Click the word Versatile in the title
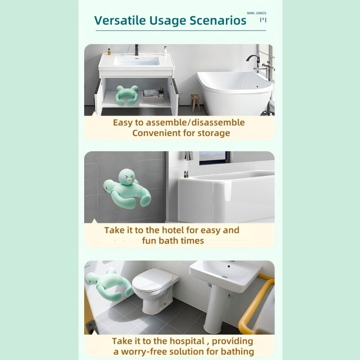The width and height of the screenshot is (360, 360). coord(120,20)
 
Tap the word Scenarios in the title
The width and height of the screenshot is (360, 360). coord(218,20)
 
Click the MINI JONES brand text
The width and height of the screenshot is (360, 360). coord(256,13)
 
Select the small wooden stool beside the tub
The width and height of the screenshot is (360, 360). coord(195,103)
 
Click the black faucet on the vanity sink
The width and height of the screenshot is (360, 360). coord(137,50)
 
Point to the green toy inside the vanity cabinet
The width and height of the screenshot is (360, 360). coord(127,95)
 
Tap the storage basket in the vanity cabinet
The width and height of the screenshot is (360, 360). coord(153,97)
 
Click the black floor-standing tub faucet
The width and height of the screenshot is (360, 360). coord(254,60)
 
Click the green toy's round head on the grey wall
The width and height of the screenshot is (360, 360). coord(127,177)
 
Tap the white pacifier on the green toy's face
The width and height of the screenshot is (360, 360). coord(130,181)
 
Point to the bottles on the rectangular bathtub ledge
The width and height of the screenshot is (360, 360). coord(186,174)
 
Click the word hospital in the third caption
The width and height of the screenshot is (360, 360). coord(187,341)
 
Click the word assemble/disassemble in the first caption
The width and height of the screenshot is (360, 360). coord(195,122)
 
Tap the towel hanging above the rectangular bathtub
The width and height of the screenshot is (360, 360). coord(189,156)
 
